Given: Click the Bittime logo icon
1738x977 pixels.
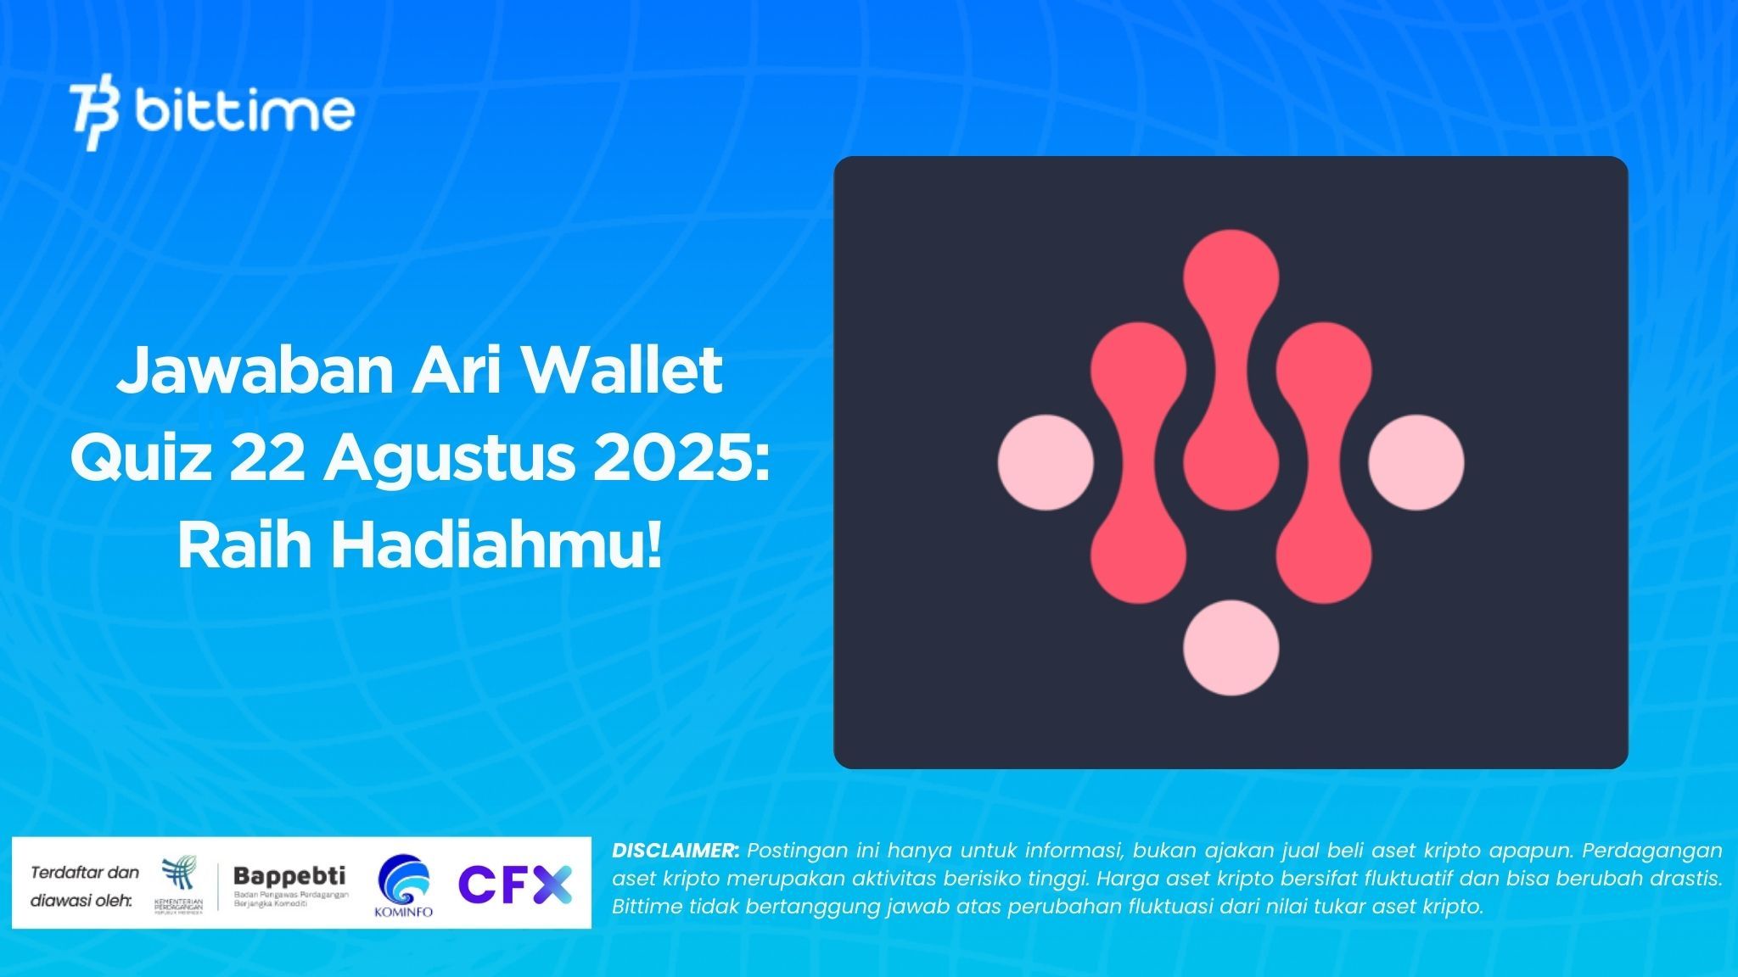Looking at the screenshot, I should (x=94, y=116).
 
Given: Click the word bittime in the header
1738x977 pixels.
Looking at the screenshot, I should (x=244, y=112).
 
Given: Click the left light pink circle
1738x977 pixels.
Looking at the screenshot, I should (x=1045, y=462).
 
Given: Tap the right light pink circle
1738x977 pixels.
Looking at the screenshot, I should (x=1416, y=462).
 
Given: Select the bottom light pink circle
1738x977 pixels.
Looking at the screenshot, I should (x=1231, y=647).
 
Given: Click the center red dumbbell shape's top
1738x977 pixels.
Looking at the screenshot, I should (x=1231, y=276).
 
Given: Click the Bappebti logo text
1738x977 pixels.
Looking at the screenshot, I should (x=289, y=875).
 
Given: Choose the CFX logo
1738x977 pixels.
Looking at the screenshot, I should (x=515, y=885).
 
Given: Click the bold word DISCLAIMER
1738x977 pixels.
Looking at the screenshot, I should (x=676, y=850).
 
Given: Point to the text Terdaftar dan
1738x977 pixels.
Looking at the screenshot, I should (x=85, y=872).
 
